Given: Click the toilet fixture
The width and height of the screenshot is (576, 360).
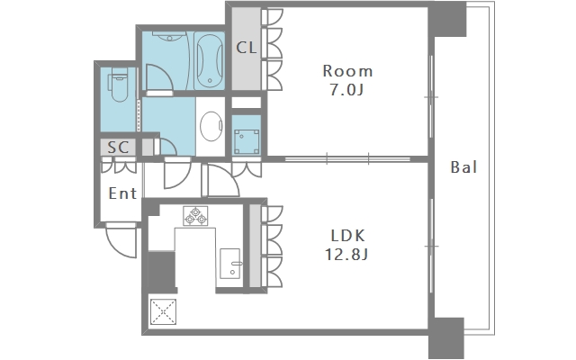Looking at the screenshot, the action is (118, 85).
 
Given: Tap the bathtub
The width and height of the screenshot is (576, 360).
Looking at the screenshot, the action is (209, 60).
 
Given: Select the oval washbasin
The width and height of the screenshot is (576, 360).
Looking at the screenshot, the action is (211, 126).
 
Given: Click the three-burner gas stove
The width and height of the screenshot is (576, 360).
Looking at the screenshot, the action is (195, 216).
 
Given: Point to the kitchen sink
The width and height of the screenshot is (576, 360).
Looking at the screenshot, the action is (230, 264).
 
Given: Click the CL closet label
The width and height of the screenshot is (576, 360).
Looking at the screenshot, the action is (246, 48).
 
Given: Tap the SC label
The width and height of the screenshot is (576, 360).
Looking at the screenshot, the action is (118, 148).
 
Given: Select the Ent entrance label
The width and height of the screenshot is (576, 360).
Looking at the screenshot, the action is (122, 193).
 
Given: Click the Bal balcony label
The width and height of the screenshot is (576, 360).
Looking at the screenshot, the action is (463, 167).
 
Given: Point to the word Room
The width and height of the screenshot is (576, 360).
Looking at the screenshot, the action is (347, 71).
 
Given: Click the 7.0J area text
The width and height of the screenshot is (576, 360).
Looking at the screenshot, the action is (346, 90).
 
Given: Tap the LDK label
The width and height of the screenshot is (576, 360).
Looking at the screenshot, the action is (347, 236).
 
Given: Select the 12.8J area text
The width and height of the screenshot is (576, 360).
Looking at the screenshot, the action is (346, 254).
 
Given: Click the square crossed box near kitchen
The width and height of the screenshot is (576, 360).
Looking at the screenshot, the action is (163, 312).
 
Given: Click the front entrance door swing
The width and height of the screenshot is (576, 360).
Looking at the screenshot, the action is (121, 239).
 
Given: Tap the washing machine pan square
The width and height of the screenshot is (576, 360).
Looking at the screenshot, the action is (247, 142).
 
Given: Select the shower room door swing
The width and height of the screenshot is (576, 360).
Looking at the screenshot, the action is (159, 78).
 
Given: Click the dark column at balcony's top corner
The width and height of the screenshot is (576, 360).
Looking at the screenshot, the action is (447, 19).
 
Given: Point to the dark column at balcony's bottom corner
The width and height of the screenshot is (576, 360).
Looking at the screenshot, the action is (446, 338).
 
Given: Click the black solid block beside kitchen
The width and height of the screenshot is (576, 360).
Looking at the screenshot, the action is (162, 272).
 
